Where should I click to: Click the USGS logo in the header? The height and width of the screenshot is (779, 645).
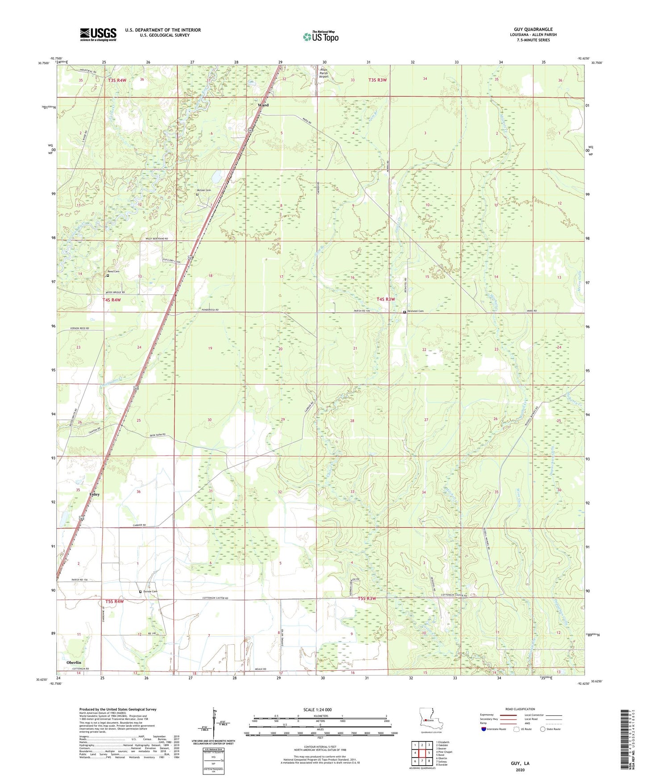point(98,34)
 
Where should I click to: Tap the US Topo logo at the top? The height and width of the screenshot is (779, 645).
point(320,37)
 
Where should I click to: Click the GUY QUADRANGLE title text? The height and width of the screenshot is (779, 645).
point(533,29)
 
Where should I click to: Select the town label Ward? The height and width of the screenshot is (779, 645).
point(263,105)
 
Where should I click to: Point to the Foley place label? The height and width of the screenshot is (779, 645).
point(94,494)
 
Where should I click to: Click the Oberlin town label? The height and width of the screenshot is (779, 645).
point(73,663)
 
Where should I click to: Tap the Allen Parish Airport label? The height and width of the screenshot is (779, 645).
point(324,73)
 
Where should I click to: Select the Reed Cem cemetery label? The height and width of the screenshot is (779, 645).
point(113,272)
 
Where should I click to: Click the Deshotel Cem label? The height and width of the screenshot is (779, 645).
point(415,311)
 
